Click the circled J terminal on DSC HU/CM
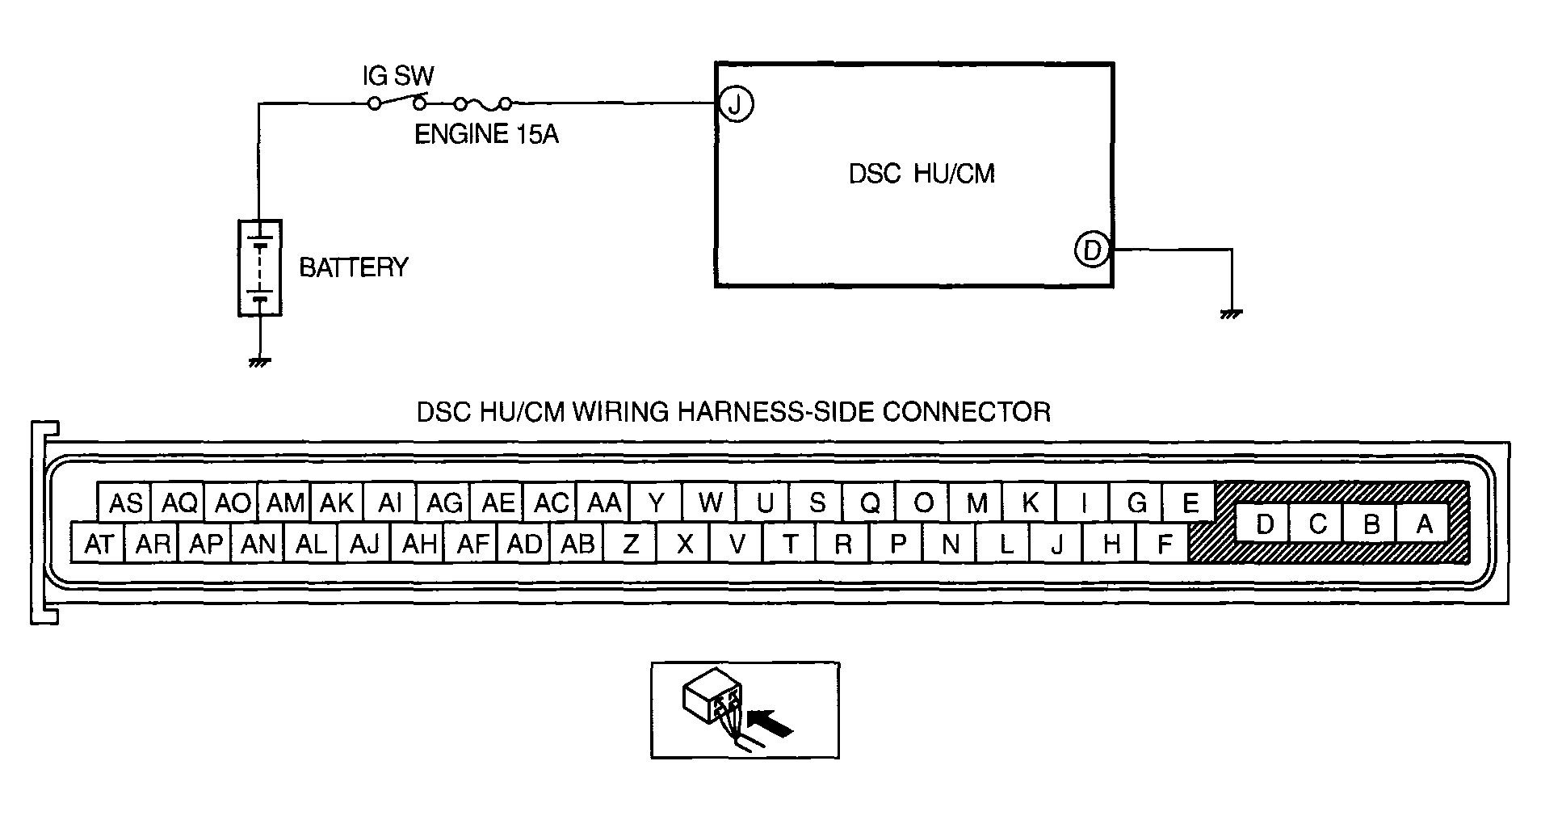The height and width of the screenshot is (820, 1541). coord(736,103)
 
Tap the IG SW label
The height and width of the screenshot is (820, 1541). coord(397,78)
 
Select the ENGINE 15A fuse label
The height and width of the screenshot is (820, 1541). coord(486,134)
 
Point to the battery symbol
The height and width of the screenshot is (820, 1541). coord(259,267)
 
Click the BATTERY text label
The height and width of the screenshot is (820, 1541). coord(354,267)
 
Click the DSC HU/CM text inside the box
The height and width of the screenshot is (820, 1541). coord(922,175)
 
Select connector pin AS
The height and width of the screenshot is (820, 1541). coord(125,503)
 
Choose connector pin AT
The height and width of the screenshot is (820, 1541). coord(99,543)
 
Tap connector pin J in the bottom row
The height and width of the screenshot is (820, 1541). coord(1056,543)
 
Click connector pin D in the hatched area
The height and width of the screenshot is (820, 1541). coord(1265,525)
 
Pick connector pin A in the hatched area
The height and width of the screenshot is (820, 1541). coord(1425,525)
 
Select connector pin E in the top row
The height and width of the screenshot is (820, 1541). coord(1190,503)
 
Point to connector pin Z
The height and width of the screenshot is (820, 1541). coord(631,543)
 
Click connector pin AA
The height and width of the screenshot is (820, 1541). coord(604,503)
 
